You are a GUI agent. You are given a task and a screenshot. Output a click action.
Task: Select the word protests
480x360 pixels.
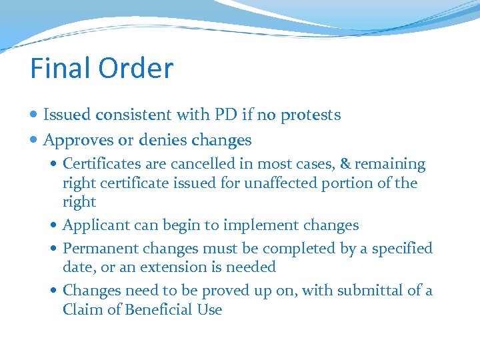(x=310, y=115)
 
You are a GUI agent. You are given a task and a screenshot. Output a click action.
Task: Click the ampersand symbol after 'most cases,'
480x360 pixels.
(x=345, y=164)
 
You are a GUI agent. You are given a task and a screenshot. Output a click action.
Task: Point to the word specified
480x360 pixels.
(x=402, y=249)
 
